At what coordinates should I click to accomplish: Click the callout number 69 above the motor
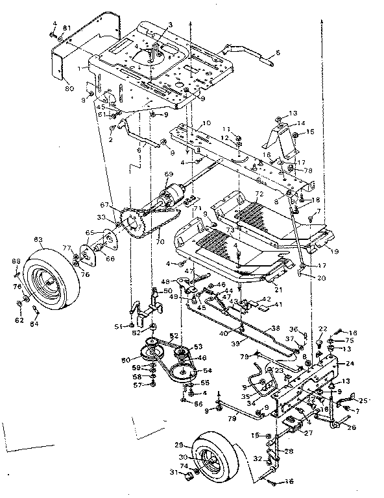click(169, 174)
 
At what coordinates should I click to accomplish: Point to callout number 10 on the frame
click(207, 123)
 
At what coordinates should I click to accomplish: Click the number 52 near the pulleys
click(173, 336)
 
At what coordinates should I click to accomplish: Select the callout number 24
click(351, 364)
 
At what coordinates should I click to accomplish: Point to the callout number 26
click(353, 427)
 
